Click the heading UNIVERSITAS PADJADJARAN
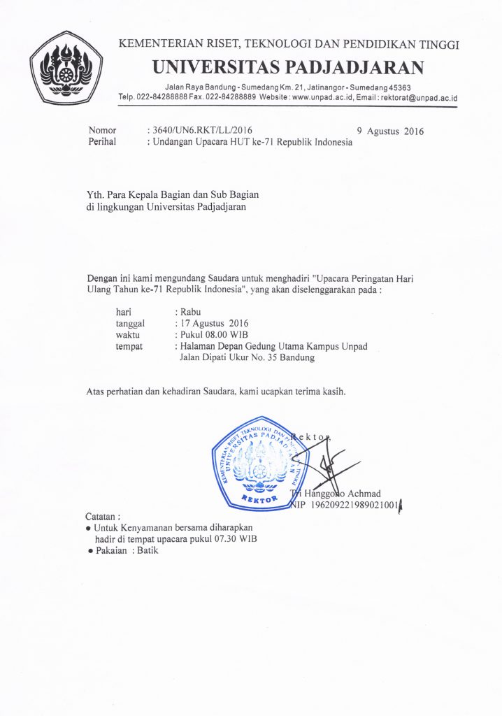(289, 67)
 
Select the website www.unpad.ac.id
(322, 99)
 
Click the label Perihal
(103, 142)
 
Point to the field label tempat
(129, 346)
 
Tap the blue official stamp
(259, 461)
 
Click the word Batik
(147, 551)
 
